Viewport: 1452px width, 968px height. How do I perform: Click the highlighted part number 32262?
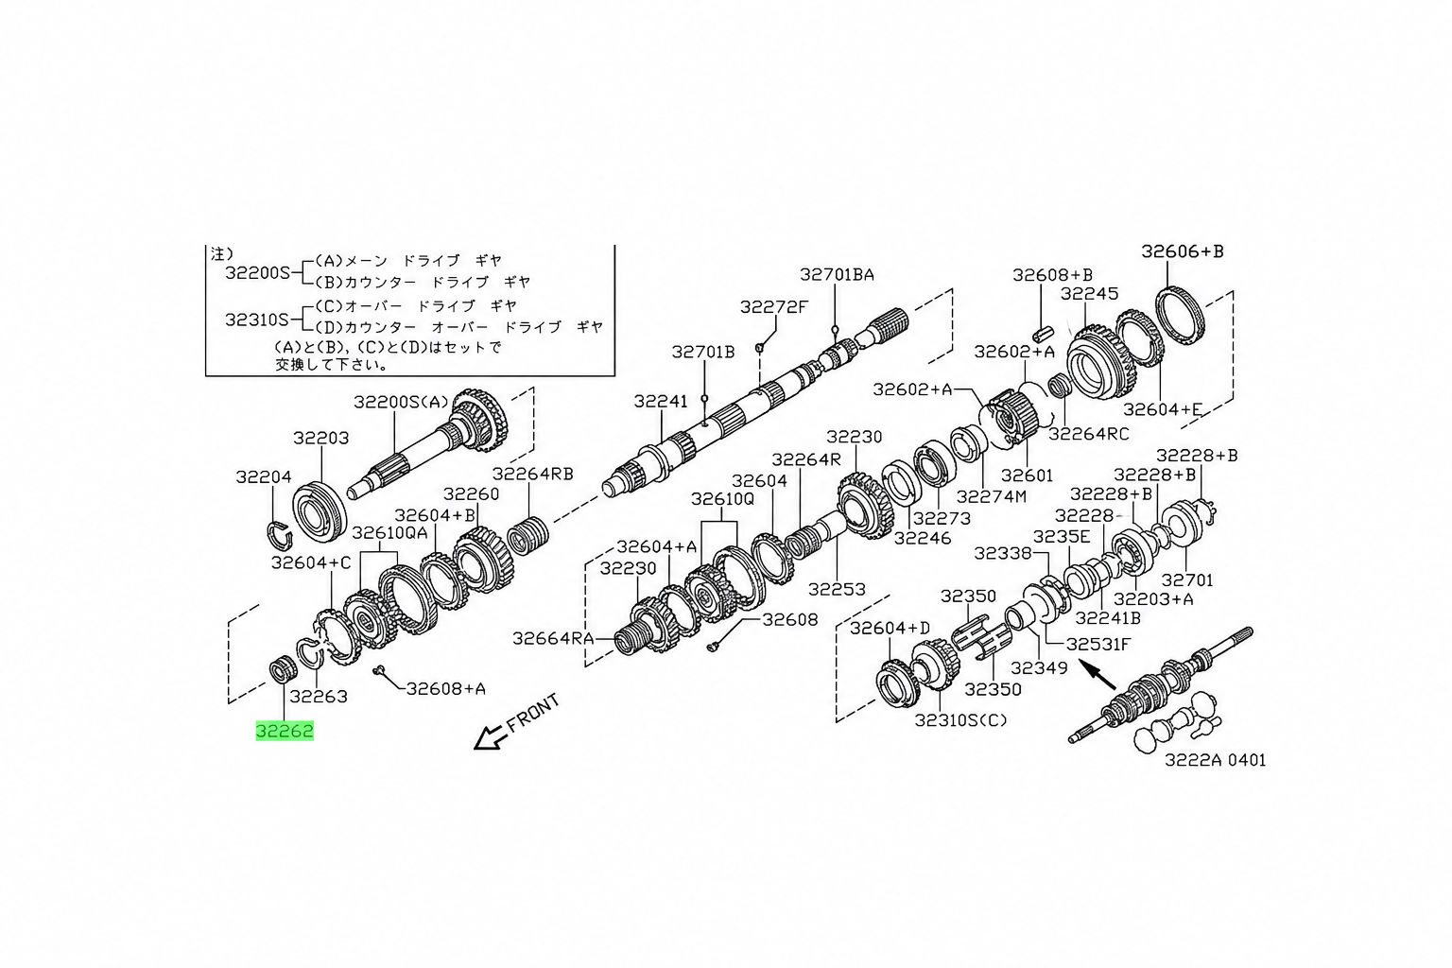click(285, 731)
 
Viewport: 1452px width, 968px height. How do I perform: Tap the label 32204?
click(264, 477)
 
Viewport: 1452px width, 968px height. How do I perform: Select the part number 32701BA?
click(837, 274)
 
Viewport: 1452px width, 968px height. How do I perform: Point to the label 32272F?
click(774, 306)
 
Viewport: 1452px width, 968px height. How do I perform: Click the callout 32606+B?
click(1183, 251)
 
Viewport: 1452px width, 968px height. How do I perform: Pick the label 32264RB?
click(533, 474)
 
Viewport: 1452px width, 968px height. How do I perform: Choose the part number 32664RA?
click(554, 638)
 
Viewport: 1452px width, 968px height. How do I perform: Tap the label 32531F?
click(1098, 644)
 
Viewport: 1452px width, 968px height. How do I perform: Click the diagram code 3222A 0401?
click(1216, 759)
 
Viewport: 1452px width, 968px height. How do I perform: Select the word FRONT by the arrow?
click(532, 713)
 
